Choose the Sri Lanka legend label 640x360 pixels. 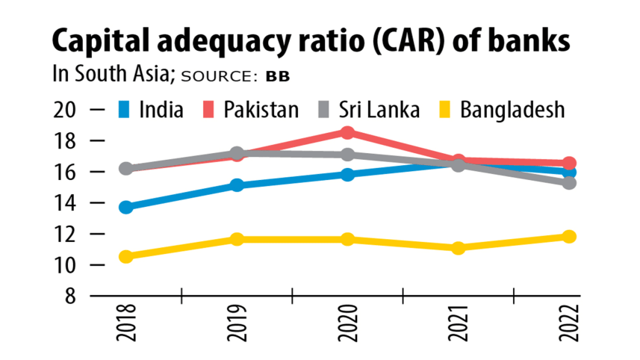pyautogui.click(x=378, y=111)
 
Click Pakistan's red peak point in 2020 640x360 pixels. pyautogui.click(x=347, y=133)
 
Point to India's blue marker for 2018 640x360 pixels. pyautogui.click(x=126, y=207)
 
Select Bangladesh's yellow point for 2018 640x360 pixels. pyautogui.click(x=126, y=256)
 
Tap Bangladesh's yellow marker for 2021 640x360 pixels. pyautogui.click(x=458, y=247)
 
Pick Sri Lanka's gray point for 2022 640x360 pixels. pyautogui.click(x=569, y=182)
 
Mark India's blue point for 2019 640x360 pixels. pyautogui.click(x=237, y=184)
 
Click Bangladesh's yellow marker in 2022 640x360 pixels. pyautogui.click(x=569, y=237)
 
